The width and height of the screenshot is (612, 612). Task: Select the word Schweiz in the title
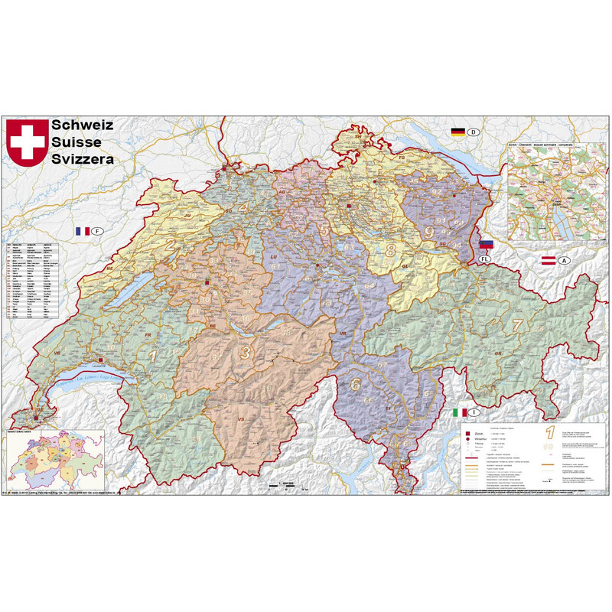coord(83,125)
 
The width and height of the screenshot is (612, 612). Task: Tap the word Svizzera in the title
coord(83,159)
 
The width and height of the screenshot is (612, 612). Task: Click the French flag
coord(82,231)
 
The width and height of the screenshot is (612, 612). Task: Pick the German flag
coord(458,132)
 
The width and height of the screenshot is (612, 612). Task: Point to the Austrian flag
coord(548,261)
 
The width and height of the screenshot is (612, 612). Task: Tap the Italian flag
coord(459,412)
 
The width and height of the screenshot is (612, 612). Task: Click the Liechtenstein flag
coord(485,246)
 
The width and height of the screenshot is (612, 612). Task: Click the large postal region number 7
coord(517,324)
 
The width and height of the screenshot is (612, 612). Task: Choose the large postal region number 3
coord(246,353)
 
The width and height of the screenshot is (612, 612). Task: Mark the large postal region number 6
coord(355,385)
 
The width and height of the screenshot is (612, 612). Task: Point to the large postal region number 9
coord(430,232)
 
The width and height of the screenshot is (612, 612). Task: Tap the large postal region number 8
coord(390,250)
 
